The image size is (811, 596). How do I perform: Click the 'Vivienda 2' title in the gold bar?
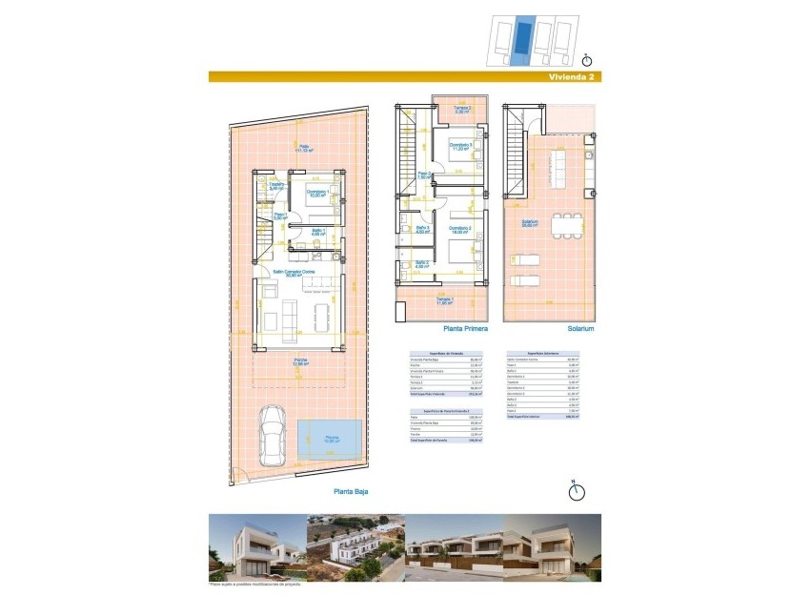click(571, 77)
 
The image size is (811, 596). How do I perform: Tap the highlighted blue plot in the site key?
click(521, 41)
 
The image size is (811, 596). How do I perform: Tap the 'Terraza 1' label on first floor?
click(445, 301)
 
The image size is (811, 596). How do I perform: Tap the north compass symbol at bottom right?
click(575, 491)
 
